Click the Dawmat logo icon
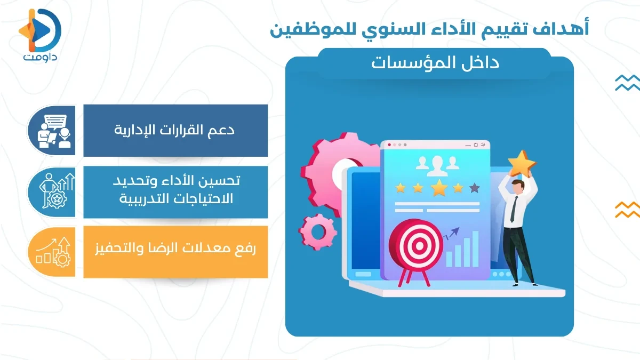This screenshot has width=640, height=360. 41,29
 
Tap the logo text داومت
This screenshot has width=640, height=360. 40,57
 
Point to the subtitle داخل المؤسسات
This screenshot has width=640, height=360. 435,63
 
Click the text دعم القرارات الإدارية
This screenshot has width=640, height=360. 175,130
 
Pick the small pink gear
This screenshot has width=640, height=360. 317,232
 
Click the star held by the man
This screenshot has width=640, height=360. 521,163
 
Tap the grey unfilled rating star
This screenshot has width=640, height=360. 474,187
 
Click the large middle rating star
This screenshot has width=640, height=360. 439,188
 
